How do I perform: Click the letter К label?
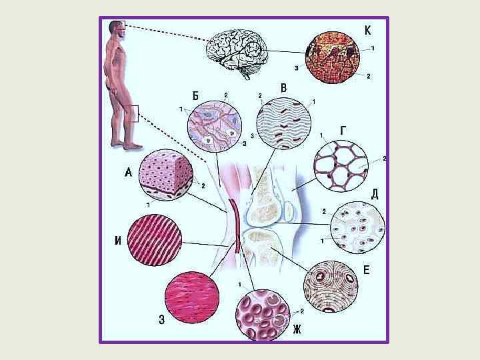tap(367, 30)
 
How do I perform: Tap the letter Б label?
tap(195, 95)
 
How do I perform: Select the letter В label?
tap(283, 88)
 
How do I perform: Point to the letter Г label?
tap(343, 131)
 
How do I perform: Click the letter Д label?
tap(375, 194)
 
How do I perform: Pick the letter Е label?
tap(366, 271)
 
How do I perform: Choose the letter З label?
tap(162, 319)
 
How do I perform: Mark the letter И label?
tap(118, 241)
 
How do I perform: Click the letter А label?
tap(128, 173)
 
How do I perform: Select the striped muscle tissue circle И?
tap(157, 240)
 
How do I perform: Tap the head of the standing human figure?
tap(115, 30)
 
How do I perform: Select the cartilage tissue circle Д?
tap(358, 227)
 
